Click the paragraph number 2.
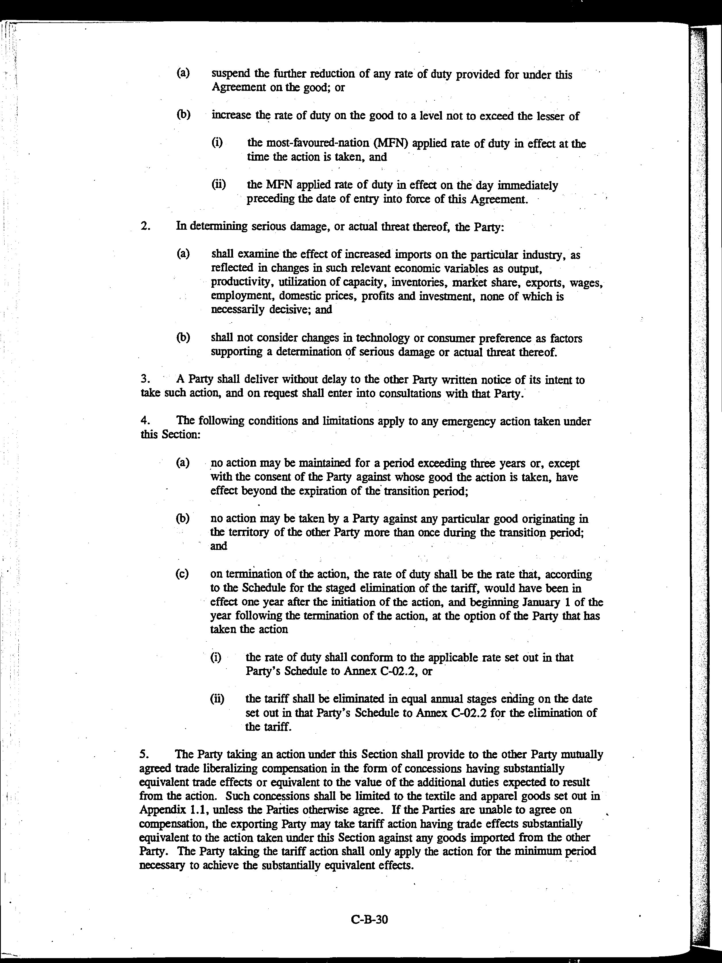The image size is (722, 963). [x=145, y=227]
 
